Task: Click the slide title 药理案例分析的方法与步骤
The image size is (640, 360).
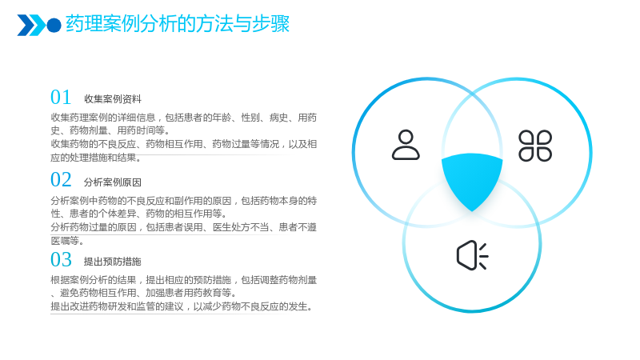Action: point(178,24)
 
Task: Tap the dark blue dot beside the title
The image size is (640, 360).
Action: point(54,26)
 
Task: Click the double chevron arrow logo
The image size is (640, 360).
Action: point(31,26)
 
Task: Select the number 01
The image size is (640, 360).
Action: point(61,98)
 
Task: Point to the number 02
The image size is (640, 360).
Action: point(61,180)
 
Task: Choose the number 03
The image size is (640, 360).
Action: point(61,259)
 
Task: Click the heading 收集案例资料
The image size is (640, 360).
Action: point(113,99)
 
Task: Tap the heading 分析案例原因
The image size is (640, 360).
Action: point(113,182)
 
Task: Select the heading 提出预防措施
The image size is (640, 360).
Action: point(113,262)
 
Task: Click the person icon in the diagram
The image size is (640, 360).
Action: point(406,145)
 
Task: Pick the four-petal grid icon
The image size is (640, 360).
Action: point(535,146)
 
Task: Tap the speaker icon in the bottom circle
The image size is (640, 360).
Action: point(472,255)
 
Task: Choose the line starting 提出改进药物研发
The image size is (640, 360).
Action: point(182,306)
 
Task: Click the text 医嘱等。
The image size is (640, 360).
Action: point(67,241)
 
